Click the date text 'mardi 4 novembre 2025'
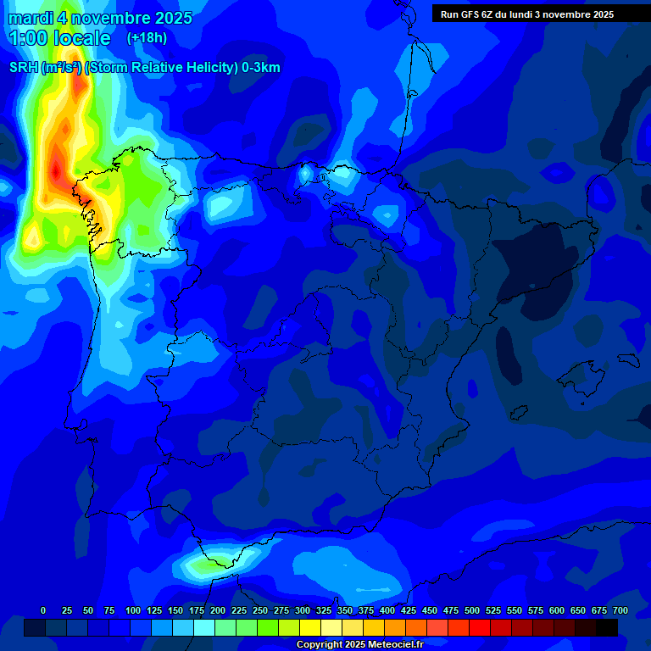tap(100, 18)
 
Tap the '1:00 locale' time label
tap(59, 38)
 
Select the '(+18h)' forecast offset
tap(147, 38)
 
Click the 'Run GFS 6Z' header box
tap(527, 14)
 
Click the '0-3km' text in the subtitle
tap(260, 68)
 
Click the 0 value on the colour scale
tap(43, 610)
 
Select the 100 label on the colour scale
tap(132, 610)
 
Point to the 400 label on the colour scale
tap(387, 610)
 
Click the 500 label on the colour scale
tap(472, 610)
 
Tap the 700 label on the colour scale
tap(620, 610)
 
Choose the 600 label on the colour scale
tap(557, 610)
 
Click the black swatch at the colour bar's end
tap(607, 627)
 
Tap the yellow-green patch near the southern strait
tap(208, 562)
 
